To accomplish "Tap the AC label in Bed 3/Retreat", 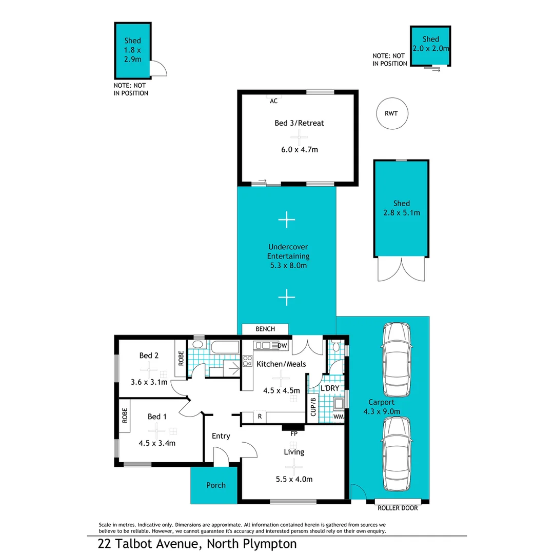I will click(273, 101).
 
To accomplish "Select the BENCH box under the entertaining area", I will click(265, 329).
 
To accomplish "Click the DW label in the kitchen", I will click(282, 346).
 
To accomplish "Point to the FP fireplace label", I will click(294, 434).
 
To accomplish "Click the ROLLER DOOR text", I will click(398, 508).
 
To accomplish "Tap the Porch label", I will click(215, 485).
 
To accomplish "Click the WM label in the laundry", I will click(338, 417).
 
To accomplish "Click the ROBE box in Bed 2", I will click(181, 357).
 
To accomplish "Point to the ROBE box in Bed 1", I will click(124, 414).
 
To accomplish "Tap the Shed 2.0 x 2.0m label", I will click(431, 45).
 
